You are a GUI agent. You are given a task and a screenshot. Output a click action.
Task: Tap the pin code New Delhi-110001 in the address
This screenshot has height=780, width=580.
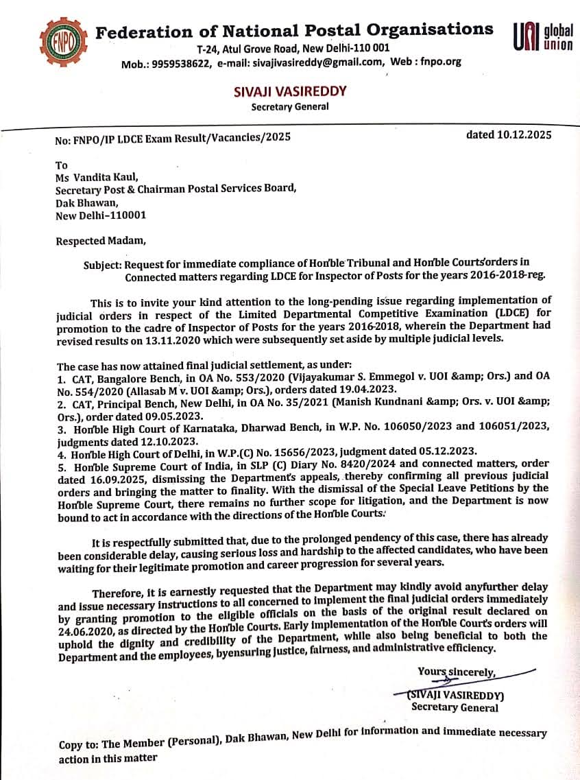[x=101, y=215]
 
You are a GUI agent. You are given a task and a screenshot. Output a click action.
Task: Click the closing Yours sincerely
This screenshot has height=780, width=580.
[x=457, y=672]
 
